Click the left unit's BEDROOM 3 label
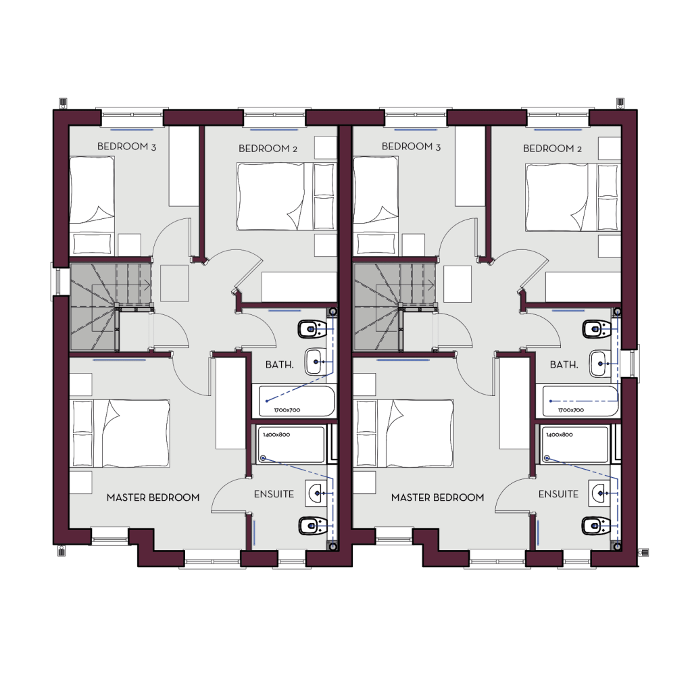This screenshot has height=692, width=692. pos(126,147)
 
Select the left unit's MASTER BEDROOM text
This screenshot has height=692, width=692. pos(153,497)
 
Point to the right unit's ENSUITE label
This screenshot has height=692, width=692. pos(558,494)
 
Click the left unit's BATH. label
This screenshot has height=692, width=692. pos(279,364)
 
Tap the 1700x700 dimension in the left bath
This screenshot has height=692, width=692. pos(287,410)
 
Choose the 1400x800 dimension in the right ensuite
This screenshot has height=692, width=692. pos(560,435)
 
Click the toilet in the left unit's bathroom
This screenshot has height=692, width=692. pos(312,329)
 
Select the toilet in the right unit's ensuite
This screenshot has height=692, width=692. pos(596,526)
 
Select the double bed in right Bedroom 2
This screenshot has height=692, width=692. pos(572,197)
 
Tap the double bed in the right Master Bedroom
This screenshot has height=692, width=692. pos(404,433)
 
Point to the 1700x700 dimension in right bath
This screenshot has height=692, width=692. pos(570,410)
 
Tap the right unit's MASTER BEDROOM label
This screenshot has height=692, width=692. pos(437,497)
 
